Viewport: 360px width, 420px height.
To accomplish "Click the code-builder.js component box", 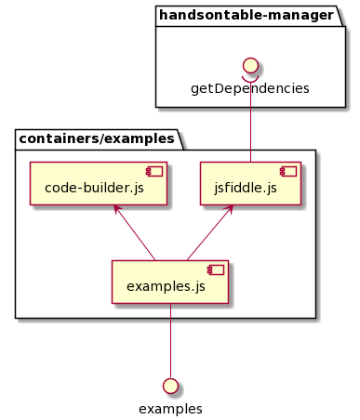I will pyautogui.click(x=98, y=183).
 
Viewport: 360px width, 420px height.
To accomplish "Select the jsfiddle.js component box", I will pyautogui.click(x=250, y=183).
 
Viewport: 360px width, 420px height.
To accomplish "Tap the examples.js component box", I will pyautogui.click(x=169, y=282).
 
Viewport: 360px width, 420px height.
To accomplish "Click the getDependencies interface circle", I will pyautogui.click(x=249, y=65).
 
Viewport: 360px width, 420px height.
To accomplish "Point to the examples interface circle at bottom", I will pyautogui.click(x=170, y=386).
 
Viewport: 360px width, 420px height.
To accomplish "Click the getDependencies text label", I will pyautogui.click(x=249, y=88).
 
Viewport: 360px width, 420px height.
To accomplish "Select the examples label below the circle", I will pyautogui.click(x=170, y=408).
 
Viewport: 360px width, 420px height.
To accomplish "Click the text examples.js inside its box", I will pyautogui.click(x=165, y=286).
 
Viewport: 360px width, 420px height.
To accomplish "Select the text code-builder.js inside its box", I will pyautogui.click(x=93, y=188).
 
